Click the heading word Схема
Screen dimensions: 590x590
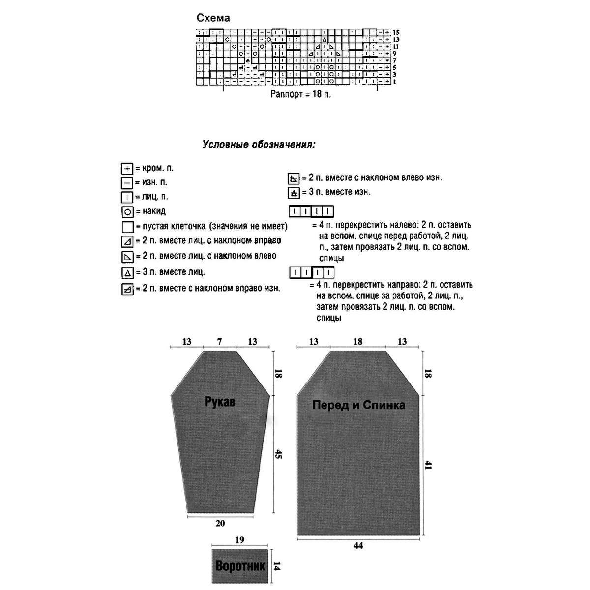tap(213, 18)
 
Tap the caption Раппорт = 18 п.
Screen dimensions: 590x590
tap(300, 94)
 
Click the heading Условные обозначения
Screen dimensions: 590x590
tap(259, 145)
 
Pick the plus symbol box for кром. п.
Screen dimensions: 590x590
tap(127, 169)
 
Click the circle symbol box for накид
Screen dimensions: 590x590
tap(127, 212)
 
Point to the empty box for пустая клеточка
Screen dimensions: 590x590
tap(127, 227)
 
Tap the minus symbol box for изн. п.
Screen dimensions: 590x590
tap(127, 183)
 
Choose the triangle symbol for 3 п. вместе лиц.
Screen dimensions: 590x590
tap(127, 273)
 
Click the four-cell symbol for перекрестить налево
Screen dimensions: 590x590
tap(311, 212)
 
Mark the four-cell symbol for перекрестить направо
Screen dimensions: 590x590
tap(311, 272)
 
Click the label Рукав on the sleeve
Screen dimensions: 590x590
tap(220, 402)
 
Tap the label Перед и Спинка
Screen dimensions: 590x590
tap(358, 405)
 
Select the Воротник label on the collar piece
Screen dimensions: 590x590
tap(240, 566)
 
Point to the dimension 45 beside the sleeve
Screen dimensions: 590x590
tap(278, 455)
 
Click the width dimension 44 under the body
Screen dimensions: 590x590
tap(358, 545)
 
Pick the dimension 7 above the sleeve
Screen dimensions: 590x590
tap(219, 342)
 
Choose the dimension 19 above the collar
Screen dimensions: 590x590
tap(239, 540)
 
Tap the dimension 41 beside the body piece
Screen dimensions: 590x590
tap(428, 465)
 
